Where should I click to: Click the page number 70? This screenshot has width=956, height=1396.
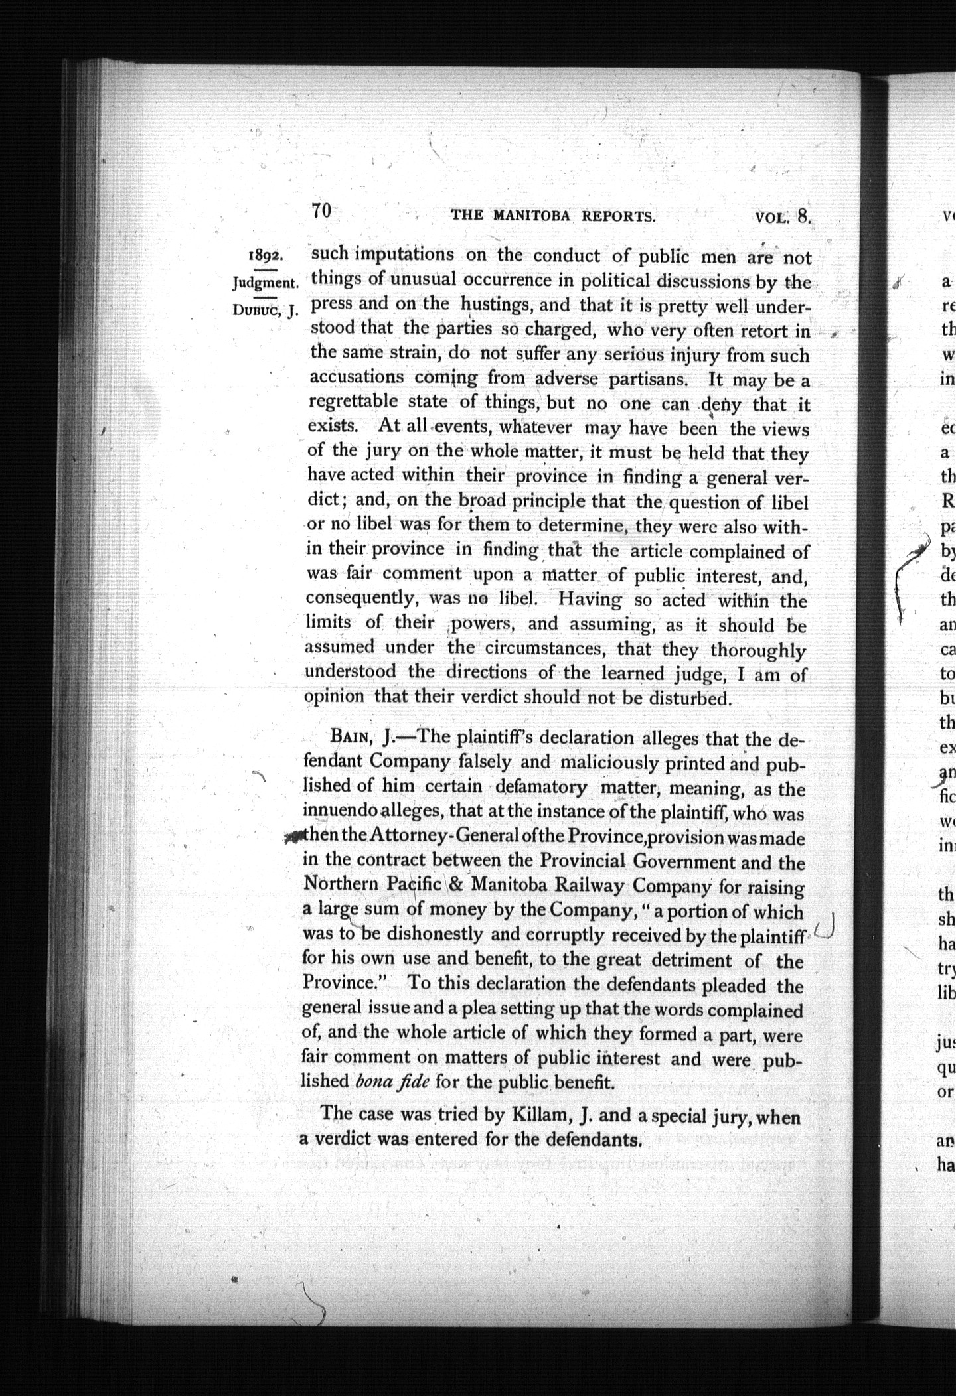click(x=321, y=210)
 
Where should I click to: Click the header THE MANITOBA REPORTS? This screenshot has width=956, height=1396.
click(x=553, y=216)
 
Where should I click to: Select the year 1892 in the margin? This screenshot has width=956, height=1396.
click(x=266, y=256)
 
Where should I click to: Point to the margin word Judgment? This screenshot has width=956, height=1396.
click(x=265, y=283)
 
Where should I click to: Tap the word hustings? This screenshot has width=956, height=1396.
click(x=499, y=305)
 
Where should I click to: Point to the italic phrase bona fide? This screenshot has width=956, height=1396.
click(x=392, y=1081)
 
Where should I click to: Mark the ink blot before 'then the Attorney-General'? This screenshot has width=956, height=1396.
click(x=293, y=837)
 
